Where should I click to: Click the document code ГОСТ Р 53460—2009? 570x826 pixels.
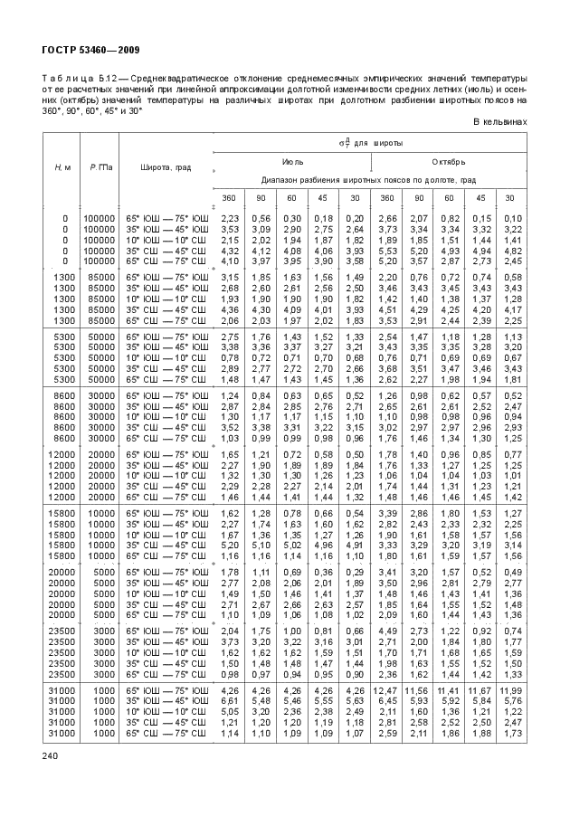78,49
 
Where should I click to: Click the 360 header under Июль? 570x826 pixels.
230,197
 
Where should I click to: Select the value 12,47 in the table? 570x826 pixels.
387,691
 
